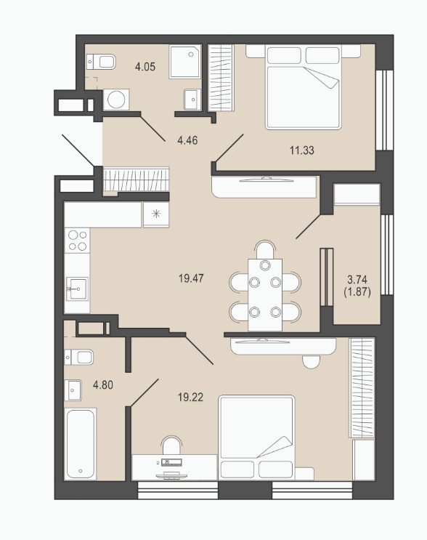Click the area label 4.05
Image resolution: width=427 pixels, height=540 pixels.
(145, 66)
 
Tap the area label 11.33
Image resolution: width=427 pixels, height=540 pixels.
(302, 150)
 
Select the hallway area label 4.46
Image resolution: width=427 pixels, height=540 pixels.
(187, 140)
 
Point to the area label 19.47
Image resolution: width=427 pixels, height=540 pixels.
(191, 278)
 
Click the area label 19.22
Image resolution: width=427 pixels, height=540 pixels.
(190, 398)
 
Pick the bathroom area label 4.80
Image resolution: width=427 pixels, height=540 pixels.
(103, 385)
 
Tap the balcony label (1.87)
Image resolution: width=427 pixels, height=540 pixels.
(357, 292)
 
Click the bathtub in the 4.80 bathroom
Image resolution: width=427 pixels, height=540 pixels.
(80, 444)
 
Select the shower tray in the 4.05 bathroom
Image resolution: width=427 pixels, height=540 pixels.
(185, 61)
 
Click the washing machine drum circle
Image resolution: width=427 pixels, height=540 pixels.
(116, 100)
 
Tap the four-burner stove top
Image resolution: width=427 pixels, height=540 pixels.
(78, 241)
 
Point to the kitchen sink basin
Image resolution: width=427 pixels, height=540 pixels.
(78, 289)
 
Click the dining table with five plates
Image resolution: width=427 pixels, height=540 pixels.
(265, 295)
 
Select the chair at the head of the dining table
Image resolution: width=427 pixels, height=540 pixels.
(265, 249)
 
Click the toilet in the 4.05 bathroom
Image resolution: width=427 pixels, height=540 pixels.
(101, 62)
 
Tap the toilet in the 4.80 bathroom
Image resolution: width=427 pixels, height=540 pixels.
(79, 357)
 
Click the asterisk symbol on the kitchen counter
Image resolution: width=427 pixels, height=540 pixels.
(156, 214)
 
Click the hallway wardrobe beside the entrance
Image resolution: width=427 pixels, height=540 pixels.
(137, 179)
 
